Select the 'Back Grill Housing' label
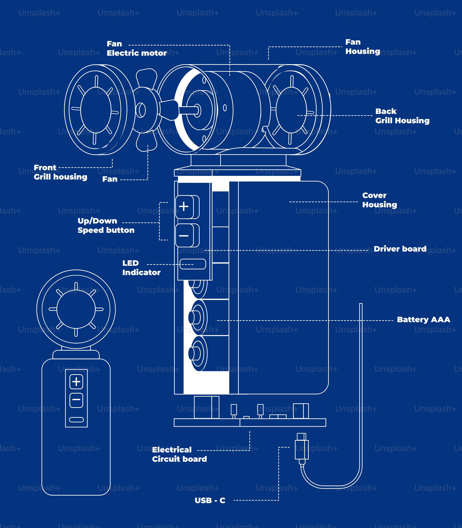(402, 116)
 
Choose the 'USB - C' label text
(210, 500)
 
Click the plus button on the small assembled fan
(76, 382)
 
